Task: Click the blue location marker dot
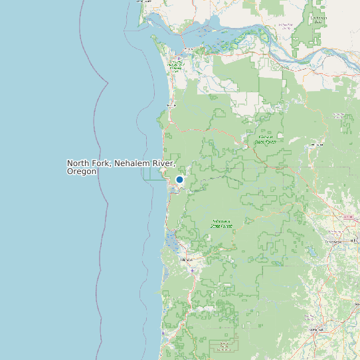pos(179,179)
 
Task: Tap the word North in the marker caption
pos(78,163)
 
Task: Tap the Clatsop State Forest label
pos(266,139)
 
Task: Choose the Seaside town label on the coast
pos(171,105)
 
